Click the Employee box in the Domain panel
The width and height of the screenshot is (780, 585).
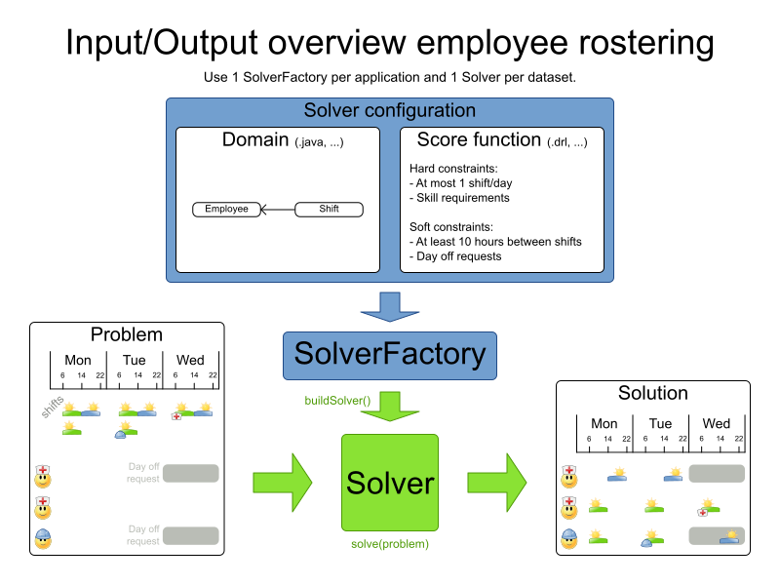click(226, 209)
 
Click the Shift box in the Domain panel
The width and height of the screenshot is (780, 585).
click(329, 209)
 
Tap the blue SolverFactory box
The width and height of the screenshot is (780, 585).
click(390, 354)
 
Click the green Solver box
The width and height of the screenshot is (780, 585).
click(390, 483)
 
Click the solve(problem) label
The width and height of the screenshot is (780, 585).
click(390, 543)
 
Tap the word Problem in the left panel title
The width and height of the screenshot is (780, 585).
click(127, 334)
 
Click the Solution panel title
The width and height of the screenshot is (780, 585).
click(653, 393)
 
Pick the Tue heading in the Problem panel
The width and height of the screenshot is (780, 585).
click(135, 360)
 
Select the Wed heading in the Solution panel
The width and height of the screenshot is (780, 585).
click(716, 423)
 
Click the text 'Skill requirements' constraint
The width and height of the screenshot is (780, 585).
click(461, 198)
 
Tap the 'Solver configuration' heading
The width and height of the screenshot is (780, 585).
click(390, 110)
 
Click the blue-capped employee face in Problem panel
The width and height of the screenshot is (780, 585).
click(43, 536)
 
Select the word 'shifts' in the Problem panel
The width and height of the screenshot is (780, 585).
click(53, 408)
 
